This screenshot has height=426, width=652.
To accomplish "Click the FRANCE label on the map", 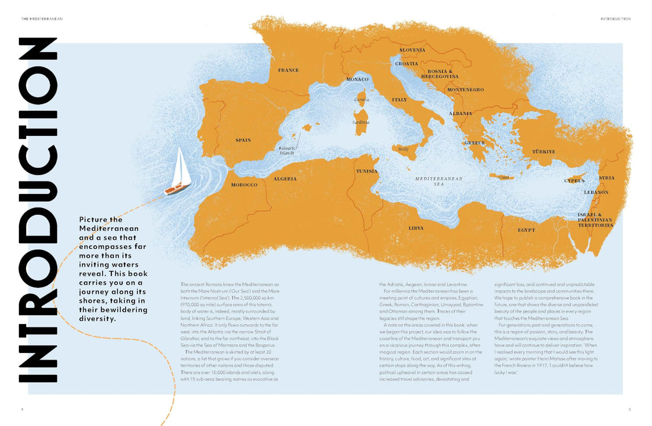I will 288,71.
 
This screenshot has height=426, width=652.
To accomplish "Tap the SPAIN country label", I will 243,141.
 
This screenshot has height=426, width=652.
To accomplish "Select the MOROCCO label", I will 244,185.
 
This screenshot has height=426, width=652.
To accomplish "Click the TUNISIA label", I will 366,171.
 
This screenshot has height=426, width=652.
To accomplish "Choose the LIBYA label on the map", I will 416,228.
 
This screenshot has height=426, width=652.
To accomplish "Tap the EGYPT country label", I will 526,230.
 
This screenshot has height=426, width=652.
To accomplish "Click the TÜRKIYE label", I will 543,152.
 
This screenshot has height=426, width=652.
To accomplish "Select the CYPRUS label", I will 574,180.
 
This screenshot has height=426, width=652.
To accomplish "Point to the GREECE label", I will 474,143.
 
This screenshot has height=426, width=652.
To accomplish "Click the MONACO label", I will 357,79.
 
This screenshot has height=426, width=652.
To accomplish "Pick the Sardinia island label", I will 361,122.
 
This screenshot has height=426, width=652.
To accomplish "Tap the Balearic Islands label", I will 287,151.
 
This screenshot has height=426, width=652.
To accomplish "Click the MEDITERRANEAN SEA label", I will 438,181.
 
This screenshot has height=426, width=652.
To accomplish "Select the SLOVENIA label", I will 412,50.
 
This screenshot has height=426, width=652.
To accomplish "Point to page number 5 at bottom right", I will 629,409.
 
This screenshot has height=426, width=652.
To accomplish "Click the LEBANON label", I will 596,192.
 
